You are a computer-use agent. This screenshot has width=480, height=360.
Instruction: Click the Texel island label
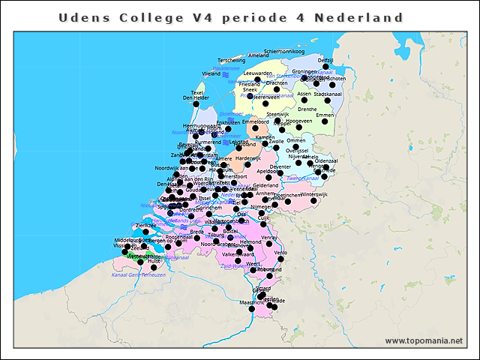(197, 93)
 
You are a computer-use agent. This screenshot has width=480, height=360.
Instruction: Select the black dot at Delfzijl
(325, 67)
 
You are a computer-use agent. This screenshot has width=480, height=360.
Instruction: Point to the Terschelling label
(231, 60)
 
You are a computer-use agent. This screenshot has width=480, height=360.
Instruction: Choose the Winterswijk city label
(315, 194)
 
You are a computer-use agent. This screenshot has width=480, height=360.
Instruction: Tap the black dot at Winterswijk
(313, 201)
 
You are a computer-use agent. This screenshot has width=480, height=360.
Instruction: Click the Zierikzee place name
(145, 225)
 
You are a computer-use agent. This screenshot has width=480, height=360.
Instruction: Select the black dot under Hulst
(154, 267)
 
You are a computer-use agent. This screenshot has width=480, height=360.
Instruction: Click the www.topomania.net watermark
(424, 340)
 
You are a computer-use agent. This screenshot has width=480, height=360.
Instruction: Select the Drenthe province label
(307, 109)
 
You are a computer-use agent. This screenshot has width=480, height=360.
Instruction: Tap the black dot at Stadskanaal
(327, 100)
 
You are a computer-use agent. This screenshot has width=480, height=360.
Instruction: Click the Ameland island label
(258, 55)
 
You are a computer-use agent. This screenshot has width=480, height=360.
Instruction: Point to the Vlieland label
(211, 74)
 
